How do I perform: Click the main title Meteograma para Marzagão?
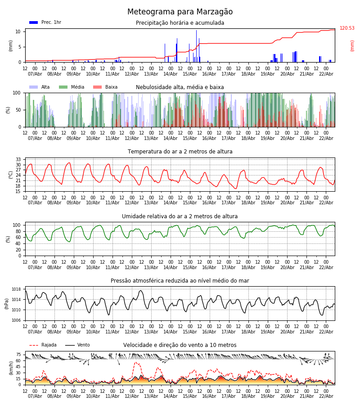coord(180,12)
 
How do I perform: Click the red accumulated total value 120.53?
coord(347,28)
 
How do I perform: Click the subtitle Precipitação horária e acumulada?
coord(180,23)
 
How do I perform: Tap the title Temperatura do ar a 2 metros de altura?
coord(180,152)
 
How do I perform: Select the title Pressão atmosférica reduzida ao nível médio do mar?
coord(180,281)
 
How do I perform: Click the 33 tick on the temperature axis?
coord(18,160)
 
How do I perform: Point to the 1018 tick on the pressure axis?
coord(17,289)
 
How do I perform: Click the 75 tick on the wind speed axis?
coord(18,355)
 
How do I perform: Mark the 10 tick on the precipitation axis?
coord(18,31)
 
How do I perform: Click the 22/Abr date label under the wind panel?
coord(326,396)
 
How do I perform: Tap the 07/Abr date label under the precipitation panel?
coord(35,74)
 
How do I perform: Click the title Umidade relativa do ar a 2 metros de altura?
coord(180,216)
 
